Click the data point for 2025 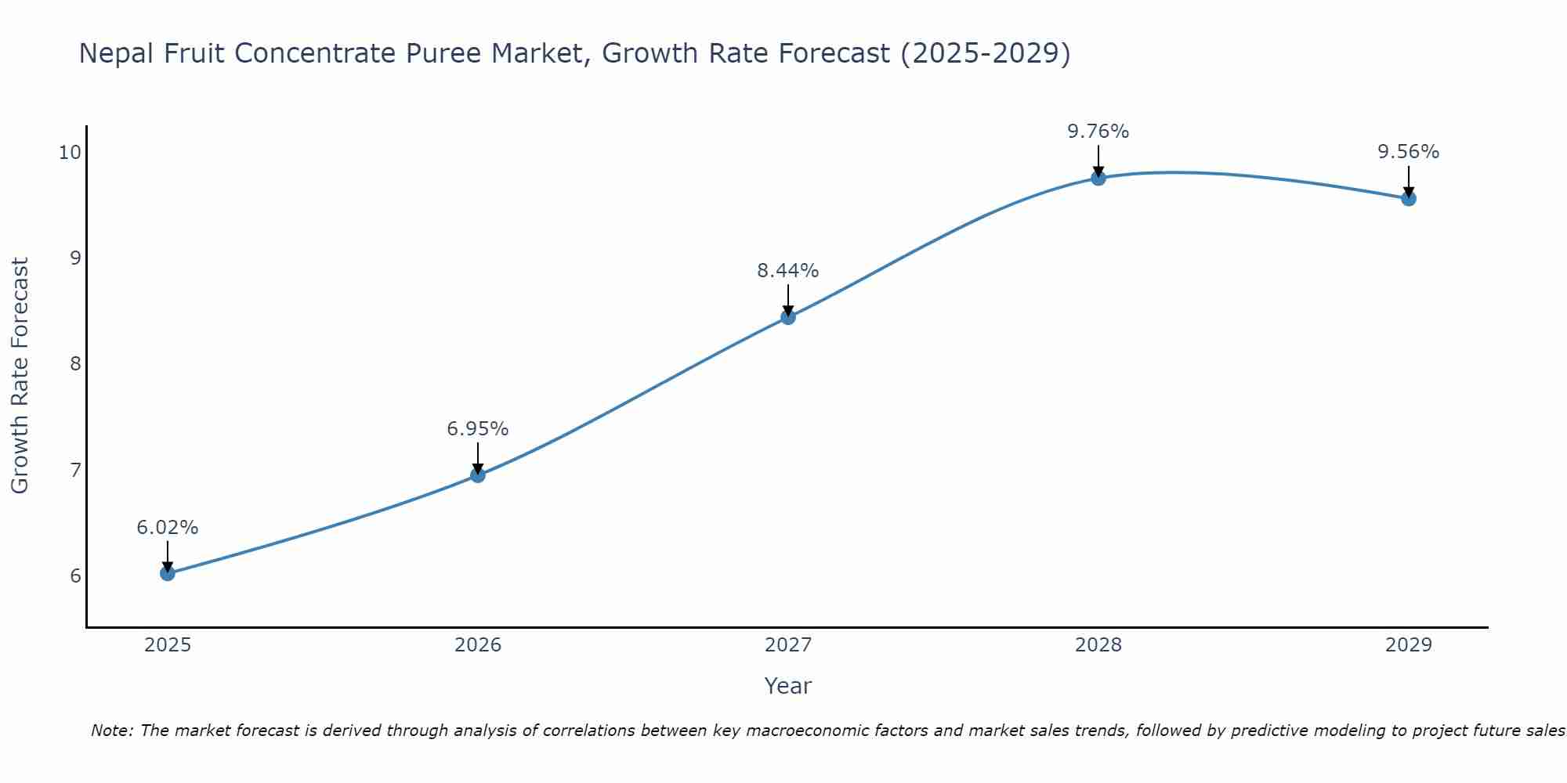168,573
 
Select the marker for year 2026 478,474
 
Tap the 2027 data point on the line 788,317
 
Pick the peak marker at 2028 1098,178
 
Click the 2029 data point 1408,199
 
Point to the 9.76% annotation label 1098,132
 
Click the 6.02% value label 168,528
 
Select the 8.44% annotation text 787,271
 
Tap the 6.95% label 478,429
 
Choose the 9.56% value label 1408,152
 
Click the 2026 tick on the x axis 478,645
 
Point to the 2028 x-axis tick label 1098,645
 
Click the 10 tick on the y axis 70,152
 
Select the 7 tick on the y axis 75,470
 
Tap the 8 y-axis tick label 75,364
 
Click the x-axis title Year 787,686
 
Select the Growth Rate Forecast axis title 20,376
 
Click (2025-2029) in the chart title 985,54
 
